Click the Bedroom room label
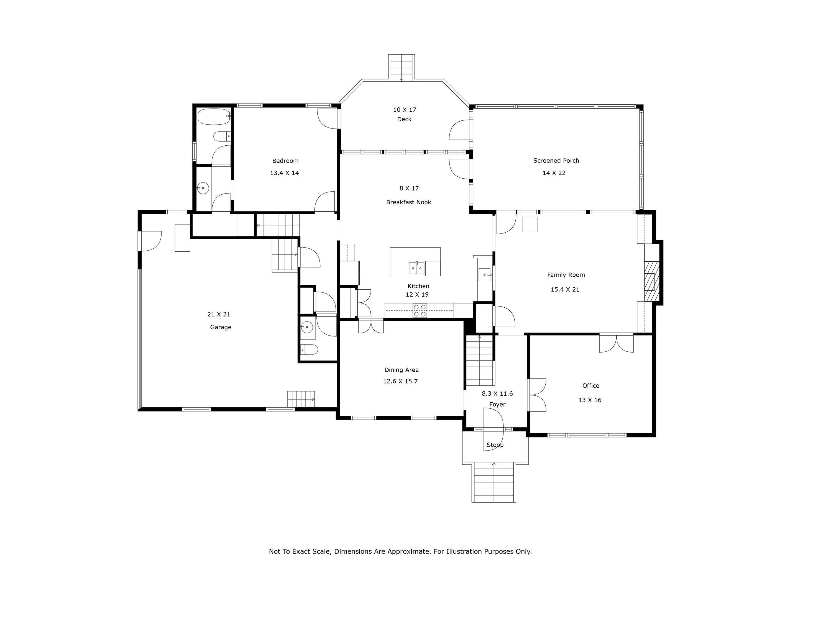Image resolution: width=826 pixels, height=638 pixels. (x=285, y=161)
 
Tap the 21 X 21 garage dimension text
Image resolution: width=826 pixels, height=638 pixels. (x=219, y=314)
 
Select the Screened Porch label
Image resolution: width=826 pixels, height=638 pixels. (x=556, y=161)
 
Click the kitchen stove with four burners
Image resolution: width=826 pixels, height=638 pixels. (x=420, y=311)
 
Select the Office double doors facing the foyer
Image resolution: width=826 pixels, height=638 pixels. (x=537, y=395)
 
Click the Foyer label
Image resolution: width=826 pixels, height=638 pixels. (x=497, y=404)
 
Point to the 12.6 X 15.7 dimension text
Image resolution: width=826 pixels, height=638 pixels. (x=400, y=381)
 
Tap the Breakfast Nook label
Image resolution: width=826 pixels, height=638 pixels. (x=408, y=202)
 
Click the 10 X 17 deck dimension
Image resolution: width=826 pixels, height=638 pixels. (x=404, y=110)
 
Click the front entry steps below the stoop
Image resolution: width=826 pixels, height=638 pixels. (x=493, y=482)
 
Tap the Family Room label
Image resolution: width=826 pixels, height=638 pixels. (x=566, y=275)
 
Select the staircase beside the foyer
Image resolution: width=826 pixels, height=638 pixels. (x=480, y=360)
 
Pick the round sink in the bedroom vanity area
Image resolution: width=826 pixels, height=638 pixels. (x=203, y=188)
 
